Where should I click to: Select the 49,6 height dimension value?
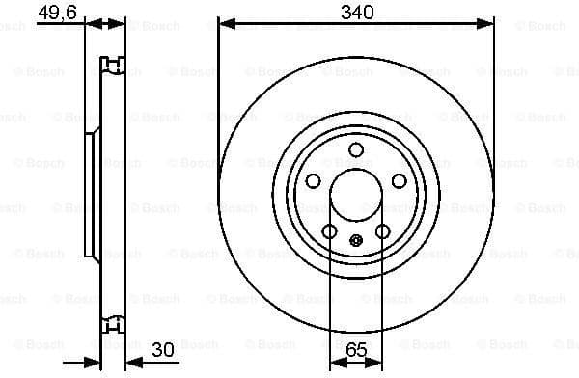coord(57,12)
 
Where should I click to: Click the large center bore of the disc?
coord(355,196)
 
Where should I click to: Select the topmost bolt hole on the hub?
coord(355,149)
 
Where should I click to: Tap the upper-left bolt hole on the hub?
coord(313,181)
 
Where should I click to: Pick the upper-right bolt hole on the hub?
coord(399,181)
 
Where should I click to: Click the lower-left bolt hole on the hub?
coord(329,231)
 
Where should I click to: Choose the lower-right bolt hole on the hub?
coord(382,231)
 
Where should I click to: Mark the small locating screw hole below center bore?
coord(355,241)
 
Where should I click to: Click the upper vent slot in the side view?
coord(113,67)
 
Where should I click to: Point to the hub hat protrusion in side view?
coord(92,196)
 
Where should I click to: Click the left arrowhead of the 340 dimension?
coord(225,21)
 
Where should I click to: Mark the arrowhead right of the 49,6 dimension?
coord(119,21)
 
